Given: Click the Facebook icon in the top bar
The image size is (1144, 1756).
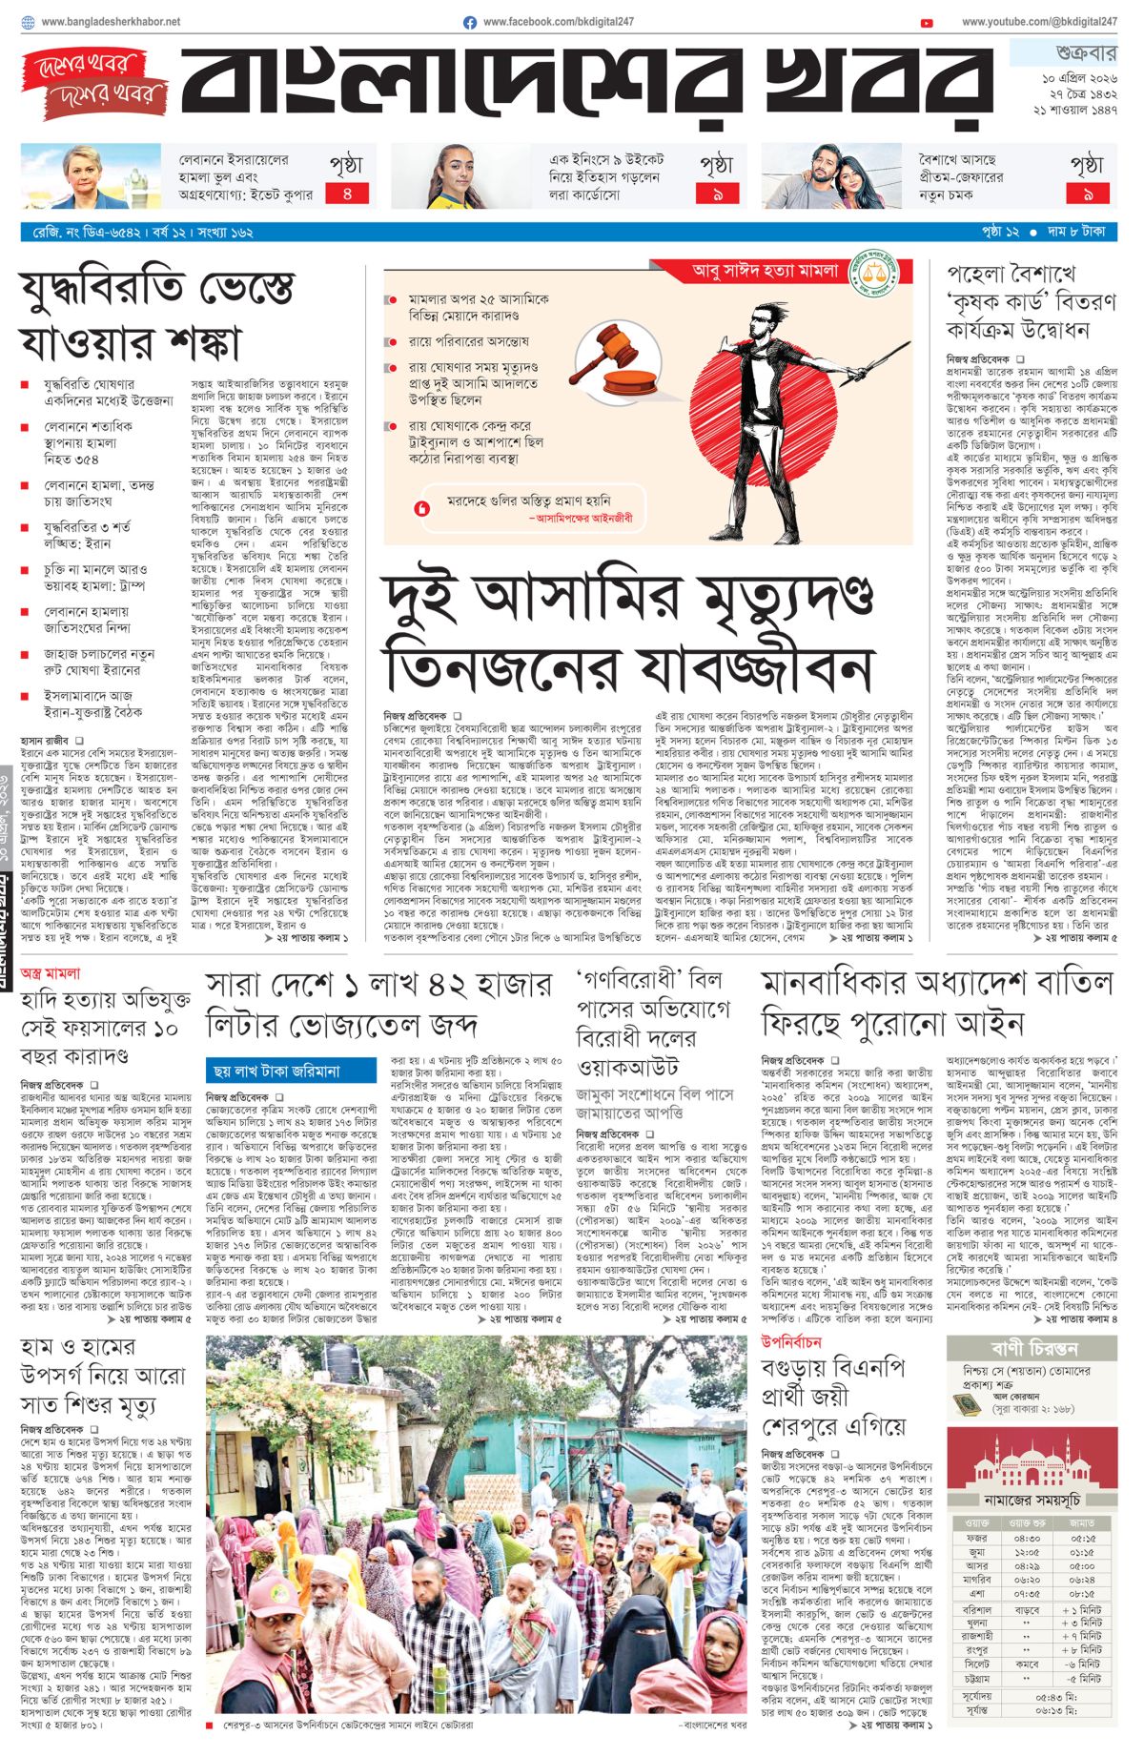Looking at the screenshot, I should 470,22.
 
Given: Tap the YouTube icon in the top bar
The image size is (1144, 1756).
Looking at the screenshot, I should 927,23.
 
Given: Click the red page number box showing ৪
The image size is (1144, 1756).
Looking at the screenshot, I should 347,194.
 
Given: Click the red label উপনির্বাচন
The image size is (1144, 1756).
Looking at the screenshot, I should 790,1341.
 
